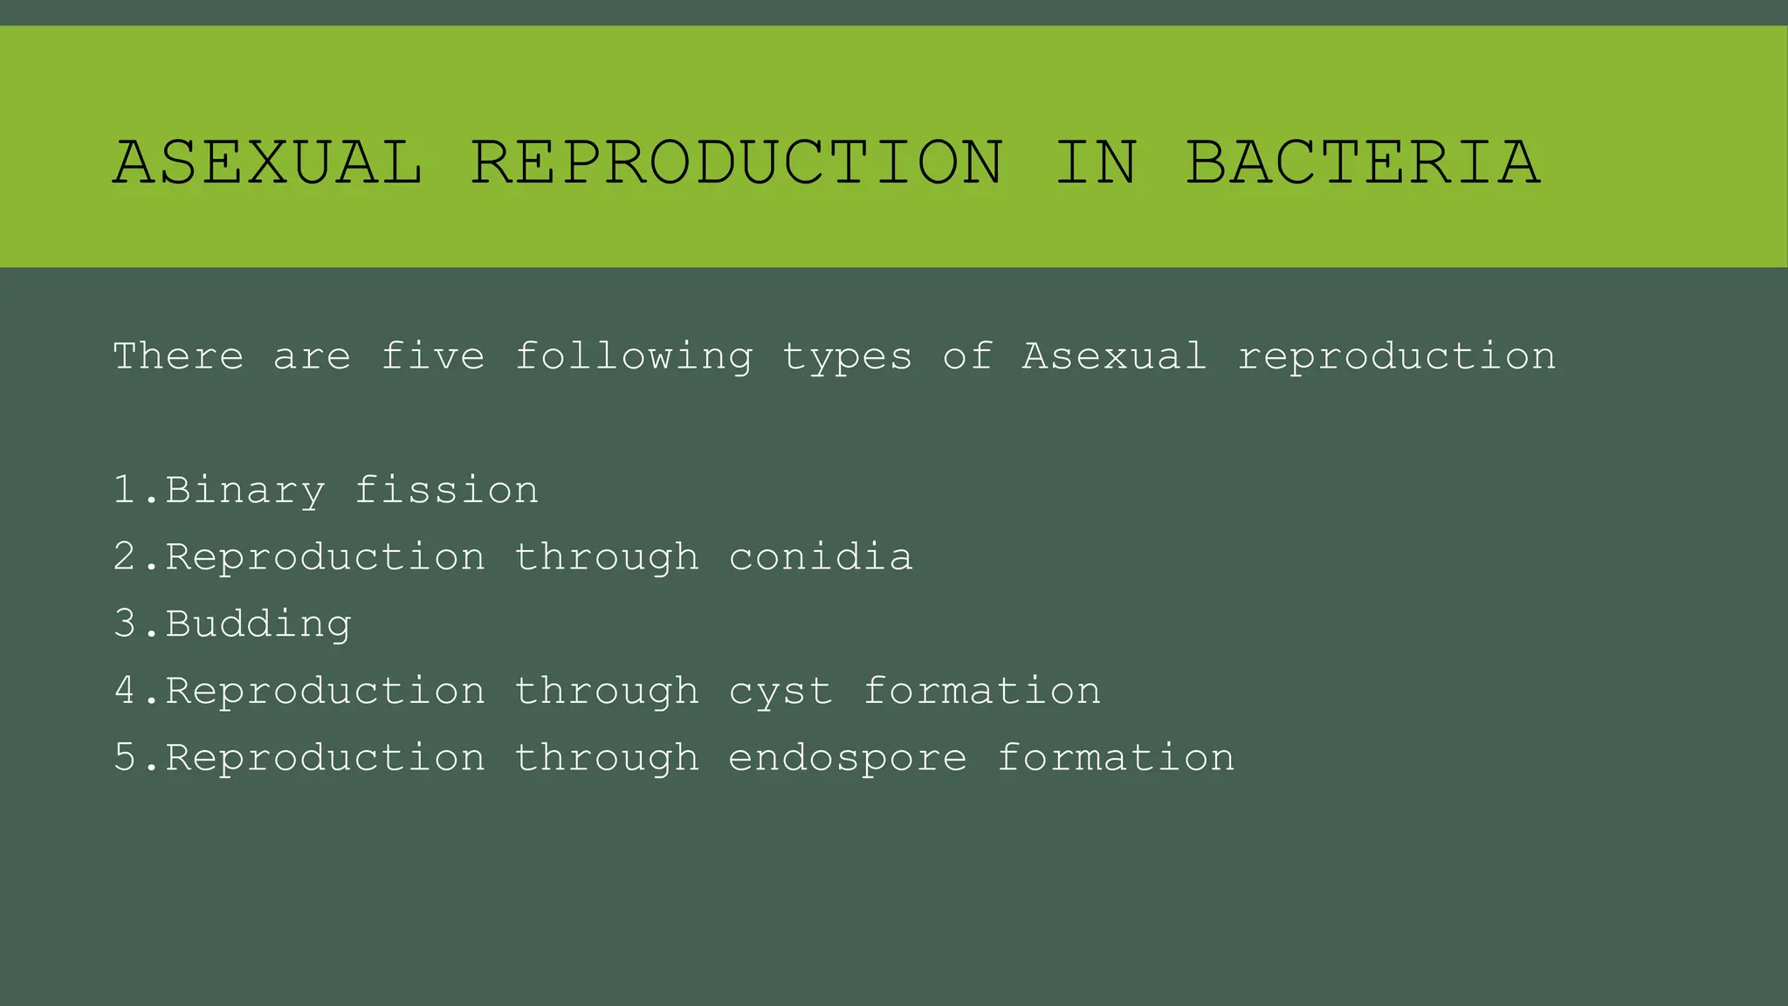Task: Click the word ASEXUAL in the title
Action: point(268,163)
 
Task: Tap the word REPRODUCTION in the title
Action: point(738,163)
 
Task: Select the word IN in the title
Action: point(1096,163)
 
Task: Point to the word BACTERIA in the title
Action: point(1363,163)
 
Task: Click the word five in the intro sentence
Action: point(433,356)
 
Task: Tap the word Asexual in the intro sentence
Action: point(1115,356)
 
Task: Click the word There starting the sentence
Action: point(178,356)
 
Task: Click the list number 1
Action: point(125,490)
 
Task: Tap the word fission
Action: point(446,490)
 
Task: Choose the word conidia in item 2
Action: point(821,557)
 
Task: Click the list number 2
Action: point(125,557)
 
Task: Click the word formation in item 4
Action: point(982,691)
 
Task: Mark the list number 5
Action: point(125,758)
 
